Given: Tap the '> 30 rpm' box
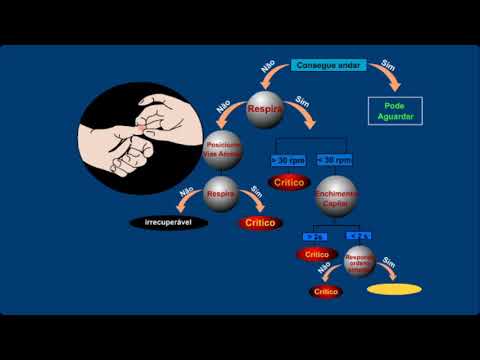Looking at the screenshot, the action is tap(288, 159).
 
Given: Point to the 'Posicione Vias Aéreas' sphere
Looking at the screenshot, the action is tap(223, 150).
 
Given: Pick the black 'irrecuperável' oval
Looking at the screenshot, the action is tap(169, 222).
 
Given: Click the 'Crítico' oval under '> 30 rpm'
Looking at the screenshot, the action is tap(288, 183).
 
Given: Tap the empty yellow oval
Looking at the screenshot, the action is tap(394, 291).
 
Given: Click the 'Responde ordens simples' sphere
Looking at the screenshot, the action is tap(358, 262).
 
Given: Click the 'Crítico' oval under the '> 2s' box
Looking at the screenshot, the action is tap(314, 255).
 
